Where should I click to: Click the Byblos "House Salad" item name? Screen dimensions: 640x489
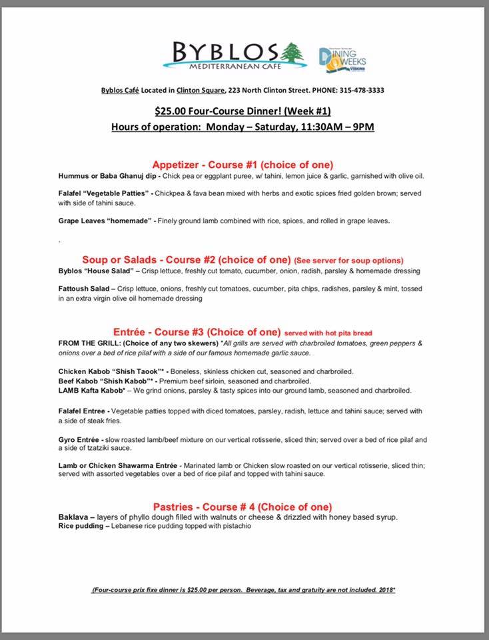click(95, 271)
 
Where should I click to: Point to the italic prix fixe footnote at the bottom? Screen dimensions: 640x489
click(244, 591)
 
